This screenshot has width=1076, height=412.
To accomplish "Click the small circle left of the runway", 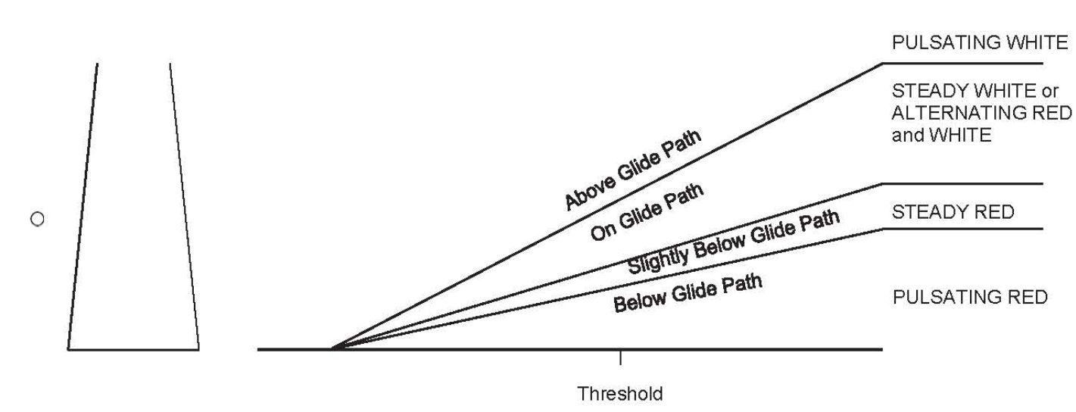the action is tap(37, 219).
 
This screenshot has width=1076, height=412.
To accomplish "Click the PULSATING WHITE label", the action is tap(980, 42).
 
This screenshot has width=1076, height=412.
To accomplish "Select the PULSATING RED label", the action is tap(970, 297).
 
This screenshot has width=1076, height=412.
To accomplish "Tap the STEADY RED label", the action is tap(953, 212).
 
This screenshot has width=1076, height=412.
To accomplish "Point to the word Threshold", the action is tap(619, 394).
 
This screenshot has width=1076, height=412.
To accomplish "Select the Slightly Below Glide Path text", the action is tap(734, 242).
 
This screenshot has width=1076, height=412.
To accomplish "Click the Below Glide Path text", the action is tap(688, 292).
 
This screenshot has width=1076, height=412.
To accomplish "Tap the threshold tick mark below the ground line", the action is tap(620, 357).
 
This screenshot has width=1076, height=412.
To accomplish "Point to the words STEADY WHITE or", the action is tap(975, 91).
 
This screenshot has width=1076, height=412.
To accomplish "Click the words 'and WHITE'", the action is tap(941, 135).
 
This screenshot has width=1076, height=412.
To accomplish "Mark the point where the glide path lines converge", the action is tap(332, 348).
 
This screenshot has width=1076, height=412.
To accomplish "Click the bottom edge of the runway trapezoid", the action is tap(133, 350).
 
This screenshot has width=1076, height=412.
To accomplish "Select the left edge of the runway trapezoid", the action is tap(83, 206).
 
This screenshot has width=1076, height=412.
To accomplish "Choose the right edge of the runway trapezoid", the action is tap(185, 206).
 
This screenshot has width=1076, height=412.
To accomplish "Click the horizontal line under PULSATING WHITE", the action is tap(962, 63).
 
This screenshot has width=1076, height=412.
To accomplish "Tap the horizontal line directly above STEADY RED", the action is tap(962, 183).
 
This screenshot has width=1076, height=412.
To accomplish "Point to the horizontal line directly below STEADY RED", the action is tap(962, 229).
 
